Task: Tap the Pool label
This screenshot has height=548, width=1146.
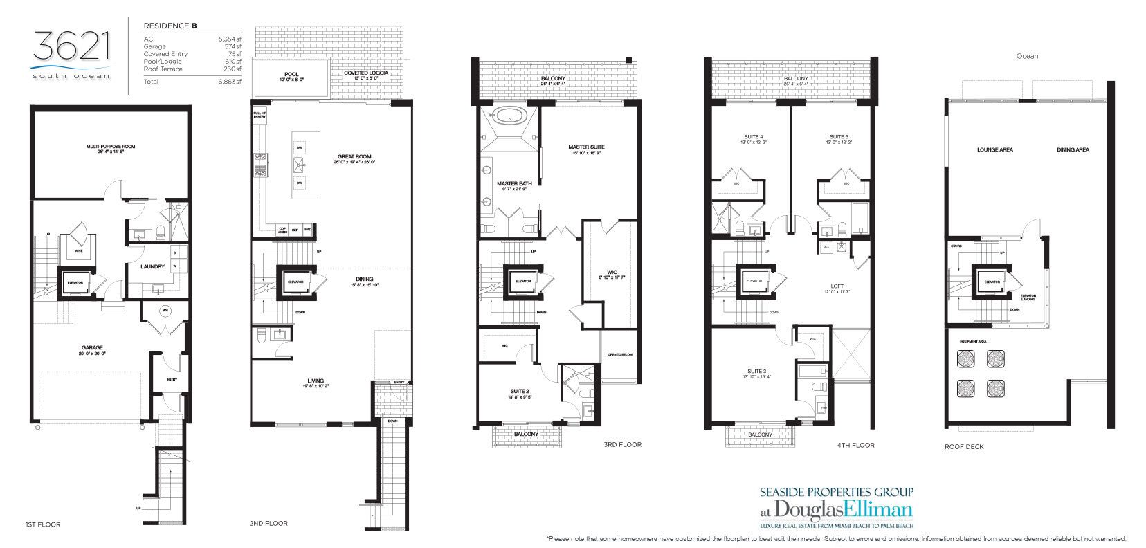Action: click(x=291, y=73)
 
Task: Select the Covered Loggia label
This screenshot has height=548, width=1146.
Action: click(x=365, y=73)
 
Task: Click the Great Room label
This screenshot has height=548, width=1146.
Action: click(x=354, y=157)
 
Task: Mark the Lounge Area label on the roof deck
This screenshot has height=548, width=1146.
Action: click(x=994, y=149)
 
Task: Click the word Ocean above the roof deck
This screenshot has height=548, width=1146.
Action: click(x=1027, y=56)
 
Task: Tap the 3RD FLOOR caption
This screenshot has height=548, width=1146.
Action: click(x=622, y=445)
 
